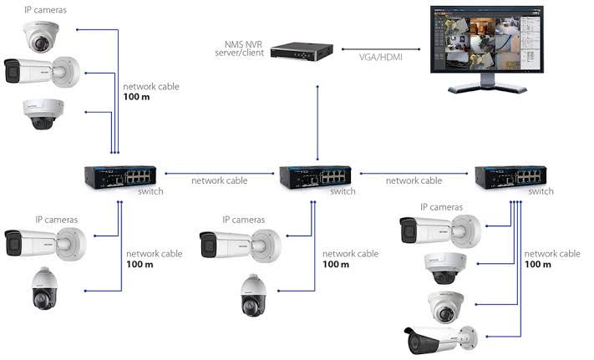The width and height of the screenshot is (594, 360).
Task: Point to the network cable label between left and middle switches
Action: click(x=220, y=180)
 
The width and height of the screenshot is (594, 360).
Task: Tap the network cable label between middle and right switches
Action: click(x=414, y=180)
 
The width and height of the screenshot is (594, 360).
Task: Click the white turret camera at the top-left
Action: click(x=42, y=35)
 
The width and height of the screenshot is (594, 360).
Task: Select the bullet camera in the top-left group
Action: click(x=42, y=73)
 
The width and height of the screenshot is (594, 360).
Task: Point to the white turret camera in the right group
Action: click(x=445, y=306)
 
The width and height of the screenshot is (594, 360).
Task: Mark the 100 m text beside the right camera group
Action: click(x=539, y=264)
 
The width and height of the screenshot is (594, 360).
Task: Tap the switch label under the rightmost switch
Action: click(x=541, y=191)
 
